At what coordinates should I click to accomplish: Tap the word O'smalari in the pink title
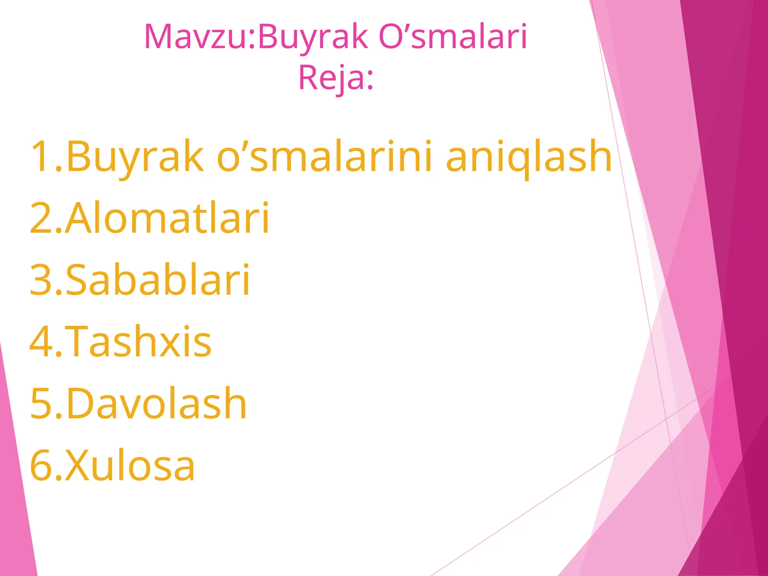tap(453, 37)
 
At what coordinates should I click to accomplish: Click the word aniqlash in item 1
tap(528, 156)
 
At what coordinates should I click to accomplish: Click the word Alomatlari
tap(167, 218)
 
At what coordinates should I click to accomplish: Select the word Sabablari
tap(157, 280)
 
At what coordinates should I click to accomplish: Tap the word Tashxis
tap(138, 341)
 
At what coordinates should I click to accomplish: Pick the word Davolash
tap(156, 403)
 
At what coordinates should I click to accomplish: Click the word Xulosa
tap(130, 465)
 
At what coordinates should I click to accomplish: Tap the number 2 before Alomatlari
tap(40, 218)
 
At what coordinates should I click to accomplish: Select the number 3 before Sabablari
tap(40, 280)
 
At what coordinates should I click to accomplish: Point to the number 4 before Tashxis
tap(41, 341)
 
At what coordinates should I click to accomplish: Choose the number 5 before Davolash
tap(40, 403)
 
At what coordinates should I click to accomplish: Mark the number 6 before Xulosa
tap(41, 465)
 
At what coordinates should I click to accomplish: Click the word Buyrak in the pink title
tap(313, 37)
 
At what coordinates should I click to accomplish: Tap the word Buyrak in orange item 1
tap(134, 156)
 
